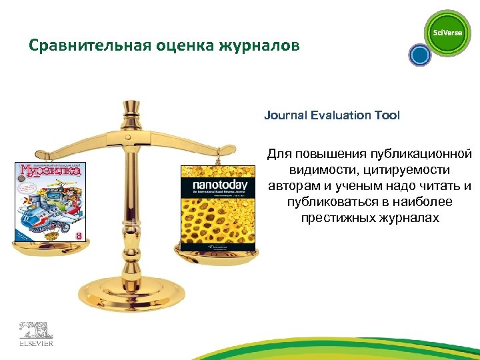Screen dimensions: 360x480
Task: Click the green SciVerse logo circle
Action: tap(448, 33)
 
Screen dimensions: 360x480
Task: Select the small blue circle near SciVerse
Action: tap(419, 55)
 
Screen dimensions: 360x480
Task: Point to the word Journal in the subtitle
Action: tap(284, 115)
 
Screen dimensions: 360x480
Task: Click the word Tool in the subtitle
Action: tap(387, 115)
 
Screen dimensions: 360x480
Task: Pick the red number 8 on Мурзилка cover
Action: tap(79, 236)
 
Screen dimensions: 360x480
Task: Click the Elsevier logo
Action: tap(35, 333)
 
